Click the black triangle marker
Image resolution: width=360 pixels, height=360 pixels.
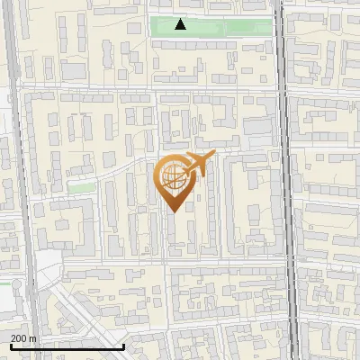[181, 25]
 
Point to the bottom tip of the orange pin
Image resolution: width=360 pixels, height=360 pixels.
[172, 211]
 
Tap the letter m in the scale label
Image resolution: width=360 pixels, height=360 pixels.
[33, 338]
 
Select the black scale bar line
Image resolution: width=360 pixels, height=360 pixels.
[67, 346]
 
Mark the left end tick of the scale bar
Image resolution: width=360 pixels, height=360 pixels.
[11, 345]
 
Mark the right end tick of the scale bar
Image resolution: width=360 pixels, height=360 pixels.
[123, 345]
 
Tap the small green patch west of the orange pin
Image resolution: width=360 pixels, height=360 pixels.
[82, 187]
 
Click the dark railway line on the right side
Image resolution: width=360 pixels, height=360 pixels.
[290, 180]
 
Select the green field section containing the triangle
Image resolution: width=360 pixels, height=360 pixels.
[185, 28]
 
